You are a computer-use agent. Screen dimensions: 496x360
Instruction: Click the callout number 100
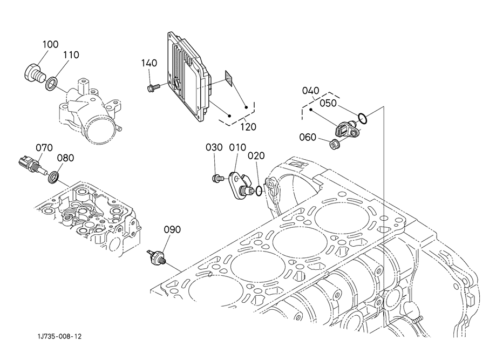51,44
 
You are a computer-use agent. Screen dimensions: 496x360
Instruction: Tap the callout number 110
71,55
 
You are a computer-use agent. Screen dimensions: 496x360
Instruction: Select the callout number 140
149,63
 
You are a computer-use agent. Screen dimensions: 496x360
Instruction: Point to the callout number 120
248,127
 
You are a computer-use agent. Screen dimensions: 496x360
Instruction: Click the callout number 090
172,230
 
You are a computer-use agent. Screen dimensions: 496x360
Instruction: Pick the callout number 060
308,137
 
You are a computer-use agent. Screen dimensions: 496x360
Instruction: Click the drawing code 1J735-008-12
59,337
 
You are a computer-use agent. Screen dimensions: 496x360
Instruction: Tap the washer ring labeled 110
52,83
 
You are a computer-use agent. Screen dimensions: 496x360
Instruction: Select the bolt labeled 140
154,87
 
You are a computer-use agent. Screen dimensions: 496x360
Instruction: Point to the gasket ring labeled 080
53,177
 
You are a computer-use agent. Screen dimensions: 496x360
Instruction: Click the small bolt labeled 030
218,179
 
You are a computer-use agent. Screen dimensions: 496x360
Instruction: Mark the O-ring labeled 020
259,191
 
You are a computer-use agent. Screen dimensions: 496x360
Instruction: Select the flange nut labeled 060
335,144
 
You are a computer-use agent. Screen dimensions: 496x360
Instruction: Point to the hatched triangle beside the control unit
229,78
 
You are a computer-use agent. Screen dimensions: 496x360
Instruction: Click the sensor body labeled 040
346,130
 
